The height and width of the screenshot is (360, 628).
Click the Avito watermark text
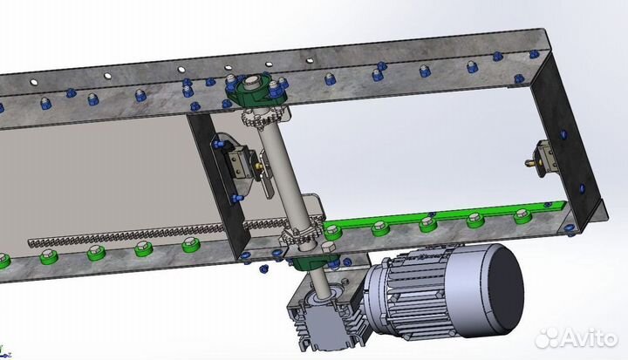point(589,339)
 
